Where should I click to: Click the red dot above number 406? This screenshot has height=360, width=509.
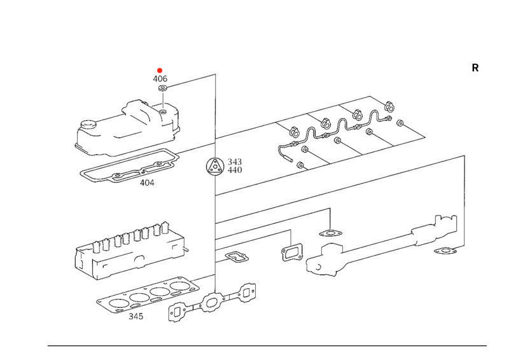click(x=160, y=70)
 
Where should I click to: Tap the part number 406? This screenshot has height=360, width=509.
click(x=160, y=79)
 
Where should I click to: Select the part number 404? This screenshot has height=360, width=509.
click(x=148, y=183)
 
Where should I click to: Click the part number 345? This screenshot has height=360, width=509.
click(x=136, y=316)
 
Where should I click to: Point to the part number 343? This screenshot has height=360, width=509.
click(x=235, y=162)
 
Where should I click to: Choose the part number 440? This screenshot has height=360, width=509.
click(x=235, y=170)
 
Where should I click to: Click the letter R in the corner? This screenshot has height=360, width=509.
click(x=475, y=68)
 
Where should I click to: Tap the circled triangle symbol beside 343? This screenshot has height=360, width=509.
click(x=215, y=167)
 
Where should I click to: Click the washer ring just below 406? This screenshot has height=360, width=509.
click(x=162, y=89)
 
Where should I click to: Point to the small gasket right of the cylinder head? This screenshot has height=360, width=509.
click(x=236, y=257)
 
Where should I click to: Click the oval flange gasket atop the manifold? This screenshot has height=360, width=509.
click(x=330, y=233)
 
